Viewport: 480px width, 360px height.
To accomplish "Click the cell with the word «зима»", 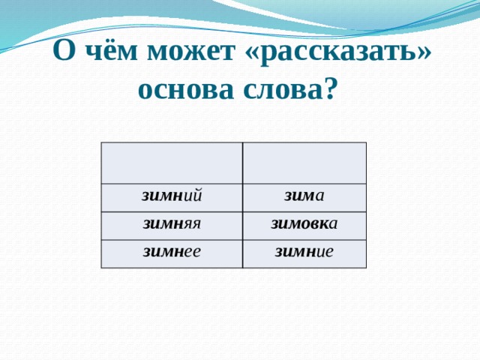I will (x=304, y=196).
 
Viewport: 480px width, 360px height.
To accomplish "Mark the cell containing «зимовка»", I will (x=304, y=224).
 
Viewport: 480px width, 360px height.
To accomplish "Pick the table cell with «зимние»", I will (x=304, y=253).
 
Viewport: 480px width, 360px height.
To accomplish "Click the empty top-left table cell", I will (x=172, y=163).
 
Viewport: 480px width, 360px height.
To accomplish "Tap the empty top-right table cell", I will (x=304, y=163).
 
